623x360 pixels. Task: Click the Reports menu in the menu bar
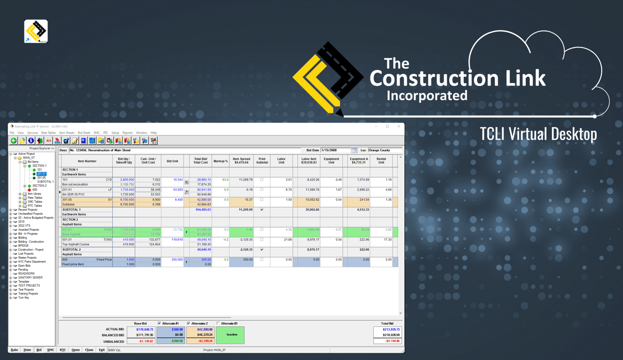[x=127, y=133]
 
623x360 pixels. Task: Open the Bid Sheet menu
[x=84, y=133]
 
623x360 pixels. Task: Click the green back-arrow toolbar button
[x=14, y=141]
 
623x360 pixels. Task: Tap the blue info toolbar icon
[x=31, y=141]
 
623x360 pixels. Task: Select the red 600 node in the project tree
[x=35, y=190]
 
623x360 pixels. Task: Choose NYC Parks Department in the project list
[x=32, y=262]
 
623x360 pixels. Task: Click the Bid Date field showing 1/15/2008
[x=335, y=151]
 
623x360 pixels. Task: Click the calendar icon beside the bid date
[x=354, y=151]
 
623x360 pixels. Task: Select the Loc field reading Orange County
[x=383, y=151]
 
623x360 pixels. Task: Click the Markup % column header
[x=221, y=161]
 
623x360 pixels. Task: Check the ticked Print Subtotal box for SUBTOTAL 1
[x=262, y=209]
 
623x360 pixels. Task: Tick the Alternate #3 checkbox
[x=218, y=323]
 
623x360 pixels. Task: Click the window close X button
[x=399, y=126]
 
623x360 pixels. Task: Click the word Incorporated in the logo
[x=427, y=96]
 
